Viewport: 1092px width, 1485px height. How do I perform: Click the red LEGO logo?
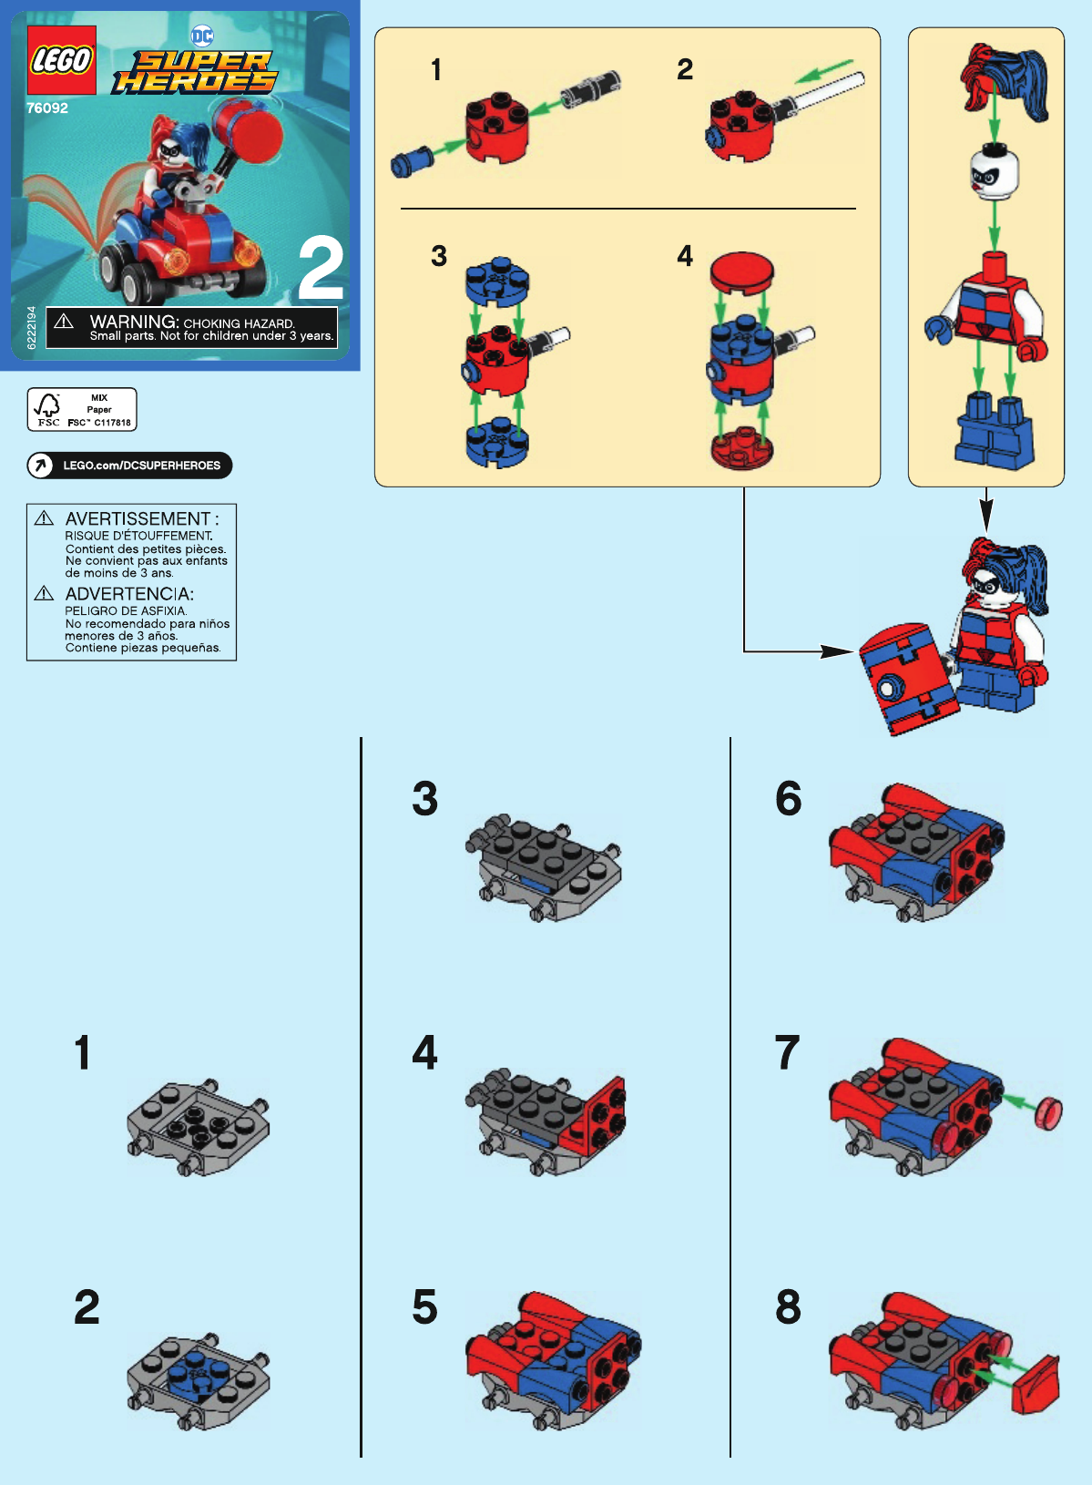tap(61, 61)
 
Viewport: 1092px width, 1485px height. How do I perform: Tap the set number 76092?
tap(47, 108)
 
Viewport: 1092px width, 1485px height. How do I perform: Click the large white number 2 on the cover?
tap(321, 269)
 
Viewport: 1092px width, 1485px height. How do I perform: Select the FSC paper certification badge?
tap(82, 409)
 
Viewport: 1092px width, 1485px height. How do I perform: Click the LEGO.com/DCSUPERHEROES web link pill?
tap(129, 466)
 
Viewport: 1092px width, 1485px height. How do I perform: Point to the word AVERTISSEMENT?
tap(138, 518)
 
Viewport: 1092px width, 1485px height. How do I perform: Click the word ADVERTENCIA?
tap(128, 594)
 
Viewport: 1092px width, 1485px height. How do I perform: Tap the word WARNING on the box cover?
tap(133, 322)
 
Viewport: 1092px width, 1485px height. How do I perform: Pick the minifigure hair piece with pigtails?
tap(1007, 80)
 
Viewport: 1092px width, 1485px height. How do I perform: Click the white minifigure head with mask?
tap(994, 171)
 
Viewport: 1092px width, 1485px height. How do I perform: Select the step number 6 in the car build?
tap(788, 799)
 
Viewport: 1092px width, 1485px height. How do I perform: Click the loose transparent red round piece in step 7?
tap(1049, 1113)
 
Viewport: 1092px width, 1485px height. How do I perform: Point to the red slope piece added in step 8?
tap(1039, 1386)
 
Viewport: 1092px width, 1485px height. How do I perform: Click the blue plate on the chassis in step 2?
tap(196, 1372)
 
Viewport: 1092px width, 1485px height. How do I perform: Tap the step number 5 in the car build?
tap(424, 1307)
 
